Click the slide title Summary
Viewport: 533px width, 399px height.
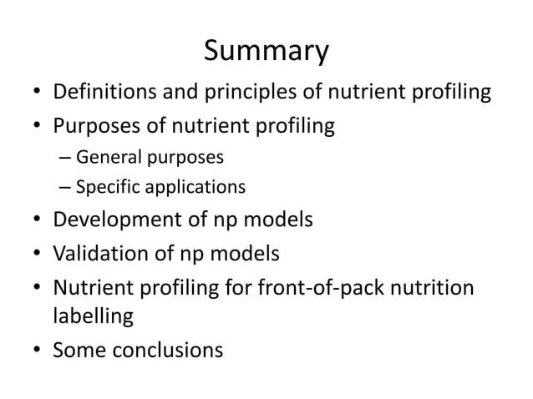[266, 52]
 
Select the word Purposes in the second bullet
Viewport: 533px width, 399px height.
[94, 128]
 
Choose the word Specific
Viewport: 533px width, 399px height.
[106, 186]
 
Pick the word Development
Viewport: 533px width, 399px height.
[114, 220]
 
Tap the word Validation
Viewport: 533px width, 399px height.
[97, 252]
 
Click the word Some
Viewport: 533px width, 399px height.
[79, 350]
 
